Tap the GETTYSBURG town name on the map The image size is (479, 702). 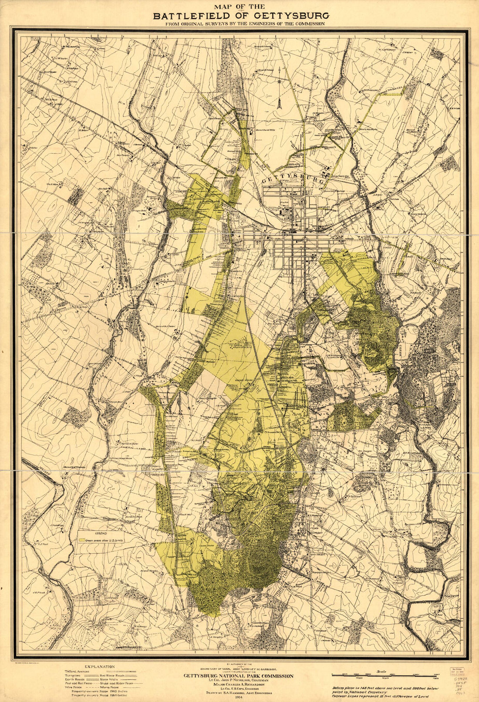pyautogui.click(x=293, y=180)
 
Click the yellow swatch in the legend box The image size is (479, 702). pyautogui.click(x=83, y=539)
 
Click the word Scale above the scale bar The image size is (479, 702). pyautogui.click(x=382, y=671)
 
